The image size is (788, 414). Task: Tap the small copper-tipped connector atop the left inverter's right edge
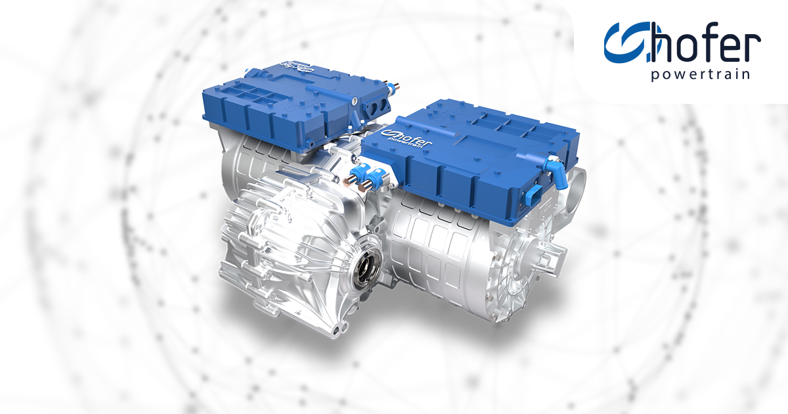click(397, 85)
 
